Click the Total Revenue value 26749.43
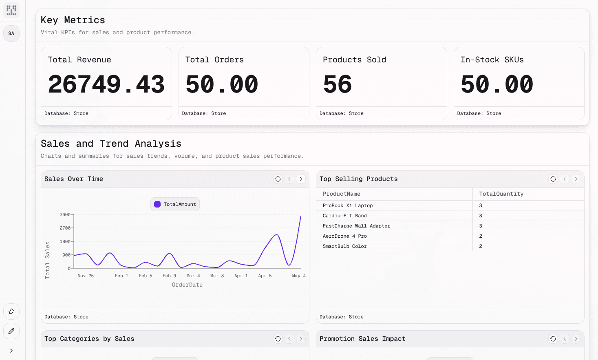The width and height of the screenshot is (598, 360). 106,84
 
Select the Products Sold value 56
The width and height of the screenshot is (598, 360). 337,84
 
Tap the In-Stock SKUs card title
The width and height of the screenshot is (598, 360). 492,60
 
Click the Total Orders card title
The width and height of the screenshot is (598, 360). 214,60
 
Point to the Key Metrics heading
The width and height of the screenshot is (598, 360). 73,20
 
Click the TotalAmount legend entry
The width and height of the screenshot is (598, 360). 175,204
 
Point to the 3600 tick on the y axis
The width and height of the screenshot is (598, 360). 65,214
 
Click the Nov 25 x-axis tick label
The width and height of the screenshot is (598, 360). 86,276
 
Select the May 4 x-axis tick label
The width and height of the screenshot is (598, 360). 299,276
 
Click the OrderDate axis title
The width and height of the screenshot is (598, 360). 187,285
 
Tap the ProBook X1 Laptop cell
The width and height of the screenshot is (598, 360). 348,205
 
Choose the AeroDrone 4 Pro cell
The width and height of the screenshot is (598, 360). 345,236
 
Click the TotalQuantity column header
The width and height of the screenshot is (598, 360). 501,194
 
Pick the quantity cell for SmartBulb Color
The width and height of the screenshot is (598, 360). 481,246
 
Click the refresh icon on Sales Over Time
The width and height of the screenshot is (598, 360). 278,179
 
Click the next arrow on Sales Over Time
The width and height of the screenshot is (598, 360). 301,179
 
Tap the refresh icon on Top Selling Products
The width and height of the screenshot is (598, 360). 553,179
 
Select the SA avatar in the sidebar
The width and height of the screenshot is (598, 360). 11,33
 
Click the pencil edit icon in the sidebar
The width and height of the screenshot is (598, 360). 11,331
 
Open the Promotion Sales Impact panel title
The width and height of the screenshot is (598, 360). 362,339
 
